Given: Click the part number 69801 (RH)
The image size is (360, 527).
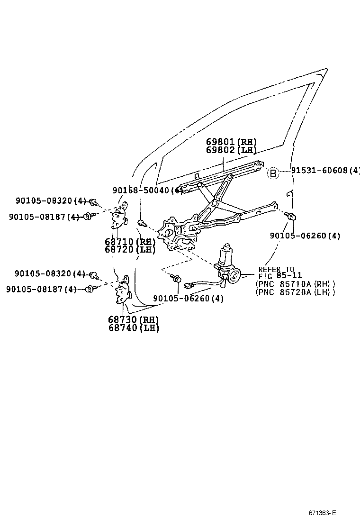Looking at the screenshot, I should tap(231, 142).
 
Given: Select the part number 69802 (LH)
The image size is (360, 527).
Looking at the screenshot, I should tap(231, 150).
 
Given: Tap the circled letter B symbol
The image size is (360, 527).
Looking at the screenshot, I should tap(273, 173).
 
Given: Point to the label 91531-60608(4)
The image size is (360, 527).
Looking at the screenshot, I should tap(325, 171).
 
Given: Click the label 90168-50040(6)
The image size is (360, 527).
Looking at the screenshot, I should tap(147, 190).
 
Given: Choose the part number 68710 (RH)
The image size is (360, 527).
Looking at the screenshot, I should tap(130, 241).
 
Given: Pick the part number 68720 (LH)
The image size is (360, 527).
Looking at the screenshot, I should tap(130, 249).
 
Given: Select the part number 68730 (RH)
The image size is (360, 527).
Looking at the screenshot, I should tap(133, 319).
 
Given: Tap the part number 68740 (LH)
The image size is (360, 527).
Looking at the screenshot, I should tap(133, 327).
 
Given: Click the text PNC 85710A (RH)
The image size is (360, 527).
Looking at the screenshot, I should tap(295, 284).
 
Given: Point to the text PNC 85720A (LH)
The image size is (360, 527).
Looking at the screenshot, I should tap(295, 292).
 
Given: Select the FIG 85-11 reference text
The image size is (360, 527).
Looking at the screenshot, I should tap(280, 275).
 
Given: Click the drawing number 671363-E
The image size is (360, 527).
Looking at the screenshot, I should tap(323, 513).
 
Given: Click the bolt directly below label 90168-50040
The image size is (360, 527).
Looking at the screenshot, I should tap(141, 222).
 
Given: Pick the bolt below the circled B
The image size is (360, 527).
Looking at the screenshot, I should tap(292, 217).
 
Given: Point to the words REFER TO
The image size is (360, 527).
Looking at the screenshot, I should tap(276, 269).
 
